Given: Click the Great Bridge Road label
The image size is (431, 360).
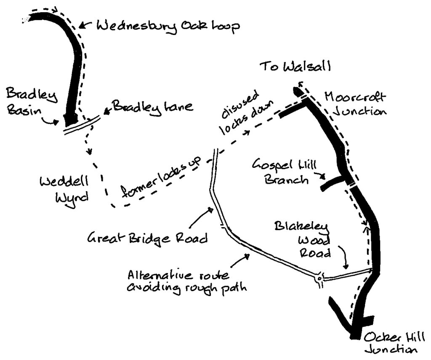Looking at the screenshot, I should pyautogui.click(x=147, y=239).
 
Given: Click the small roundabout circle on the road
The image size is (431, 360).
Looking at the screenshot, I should pyautogui.click(x=319, y=278).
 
